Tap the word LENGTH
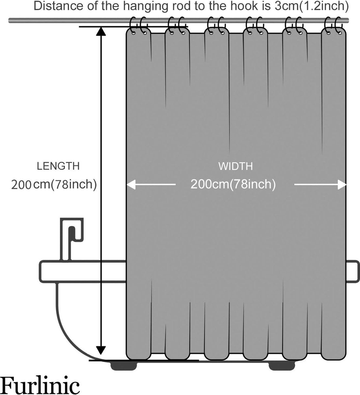coord(58,166)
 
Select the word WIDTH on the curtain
coord(235,166)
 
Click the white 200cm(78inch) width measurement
coord(233,184)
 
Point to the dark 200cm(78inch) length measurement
coord(54,184)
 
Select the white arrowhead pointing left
coord(131,185)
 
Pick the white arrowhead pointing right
coord(342,185)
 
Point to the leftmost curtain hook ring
coord(133,26)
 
